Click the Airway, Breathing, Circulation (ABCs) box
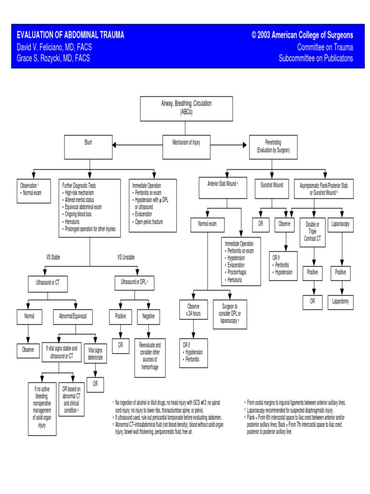[x=186, y=108]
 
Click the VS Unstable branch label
[x=126, y=257]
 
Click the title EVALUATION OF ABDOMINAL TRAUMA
[x=70, y=35]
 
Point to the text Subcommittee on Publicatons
[x=316, y=58]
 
